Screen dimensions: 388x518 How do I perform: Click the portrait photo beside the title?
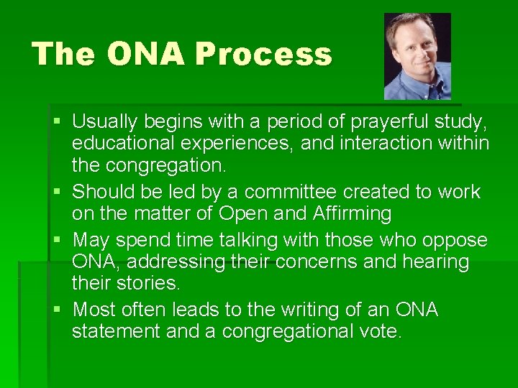pyautogui.click(x=417, y=56)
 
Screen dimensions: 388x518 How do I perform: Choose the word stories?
pyautogui.click(x=149, y=285)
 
